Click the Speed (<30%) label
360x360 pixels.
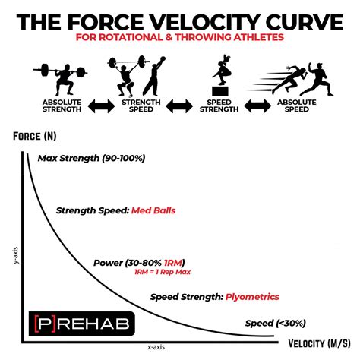coord(274,323)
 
